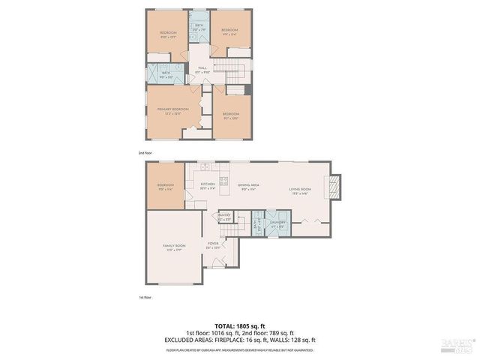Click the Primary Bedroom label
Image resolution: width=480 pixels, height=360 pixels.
pyautogui.click(x=172, y=110)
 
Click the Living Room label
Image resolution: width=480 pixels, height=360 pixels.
pyautogui.click(x=300, y=189)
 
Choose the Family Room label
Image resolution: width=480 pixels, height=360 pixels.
pyautogui.click(x=173, y=247)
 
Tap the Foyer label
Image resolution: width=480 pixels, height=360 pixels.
pyautogui.click(x=213, y=245)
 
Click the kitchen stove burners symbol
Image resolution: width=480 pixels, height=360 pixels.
pyautogui.click(x=223, y=181)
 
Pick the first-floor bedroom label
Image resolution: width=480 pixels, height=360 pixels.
pyautogui.click(x=165, y=187)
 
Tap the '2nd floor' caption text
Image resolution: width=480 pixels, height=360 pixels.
pyautogui.click(x=145, y=152)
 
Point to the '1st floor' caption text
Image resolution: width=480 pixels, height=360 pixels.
pyautogui.click(x=145, y=298)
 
